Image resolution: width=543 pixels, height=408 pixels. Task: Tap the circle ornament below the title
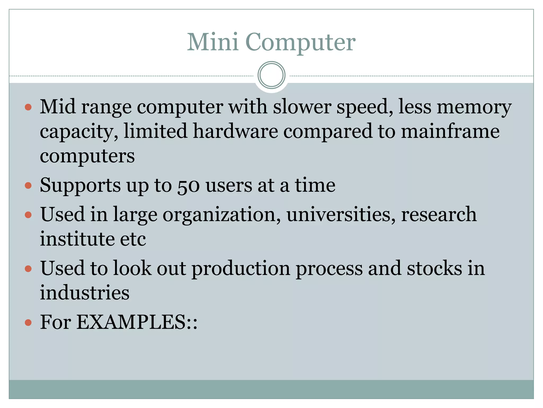coord(271,75)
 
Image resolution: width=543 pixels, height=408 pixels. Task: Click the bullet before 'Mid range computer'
coord(28,107)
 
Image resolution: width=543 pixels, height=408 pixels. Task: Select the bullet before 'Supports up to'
coord(28,185)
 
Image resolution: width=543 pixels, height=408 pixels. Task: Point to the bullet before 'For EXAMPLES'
coord(28,323)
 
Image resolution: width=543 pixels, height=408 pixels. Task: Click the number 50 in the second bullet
coord(189,185)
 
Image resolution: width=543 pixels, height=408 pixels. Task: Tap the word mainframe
coord(450,131)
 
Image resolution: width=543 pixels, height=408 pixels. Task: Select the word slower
coord(302,107)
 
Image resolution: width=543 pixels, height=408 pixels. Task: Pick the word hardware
coord(235,131)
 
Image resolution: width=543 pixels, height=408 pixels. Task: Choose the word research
coord(439,215)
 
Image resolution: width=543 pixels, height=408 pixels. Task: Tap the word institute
coord(77,239)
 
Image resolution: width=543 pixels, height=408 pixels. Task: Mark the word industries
coord(85,293)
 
